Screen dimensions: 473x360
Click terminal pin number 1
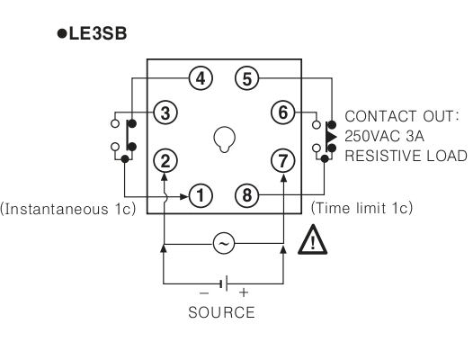coord(201,195)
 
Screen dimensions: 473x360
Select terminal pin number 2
coord(165,160)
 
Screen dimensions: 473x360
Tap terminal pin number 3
coord(165,112)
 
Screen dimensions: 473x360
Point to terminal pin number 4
coord(201,78)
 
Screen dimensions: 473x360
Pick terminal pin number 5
coord(247,78)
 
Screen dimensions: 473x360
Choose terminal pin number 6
coord(282,112)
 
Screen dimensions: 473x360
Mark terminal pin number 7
coord(282,160)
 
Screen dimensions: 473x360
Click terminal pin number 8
coord(247,195)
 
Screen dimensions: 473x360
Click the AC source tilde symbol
coord(224,243)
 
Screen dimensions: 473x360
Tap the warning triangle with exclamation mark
coord(313,239)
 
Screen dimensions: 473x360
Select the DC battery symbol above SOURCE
coord(224,283)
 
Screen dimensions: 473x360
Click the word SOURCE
coord(221,312)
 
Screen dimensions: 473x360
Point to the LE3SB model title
coord(92,33)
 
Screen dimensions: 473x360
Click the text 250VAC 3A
coord(384,136)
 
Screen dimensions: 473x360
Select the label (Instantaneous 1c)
coord(67,209)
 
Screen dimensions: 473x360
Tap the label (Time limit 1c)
coord(361,208)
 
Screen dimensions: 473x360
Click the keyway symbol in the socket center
coord(224,139)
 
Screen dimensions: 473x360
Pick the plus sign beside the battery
coord(244,292)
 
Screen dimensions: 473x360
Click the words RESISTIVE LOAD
coord(406,156)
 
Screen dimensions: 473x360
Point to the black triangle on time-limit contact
coord(331,137)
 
